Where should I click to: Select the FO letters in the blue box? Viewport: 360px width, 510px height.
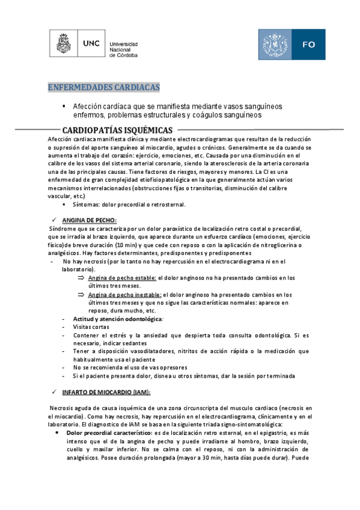(309, 45)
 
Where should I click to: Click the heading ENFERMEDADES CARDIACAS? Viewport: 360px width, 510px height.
(104, 88)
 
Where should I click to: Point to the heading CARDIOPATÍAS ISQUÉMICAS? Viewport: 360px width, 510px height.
(118, 131)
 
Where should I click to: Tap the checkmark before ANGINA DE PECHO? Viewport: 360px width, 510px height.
(54, 220)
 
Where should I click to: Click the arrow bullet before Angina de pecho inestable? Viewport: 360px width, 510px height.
(81, 295)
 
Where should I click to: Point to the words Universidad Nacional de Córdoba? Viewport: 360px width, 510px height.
(123, 49)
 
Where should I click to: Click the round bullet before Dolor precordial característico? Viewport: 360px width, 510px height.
(56, 432)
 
